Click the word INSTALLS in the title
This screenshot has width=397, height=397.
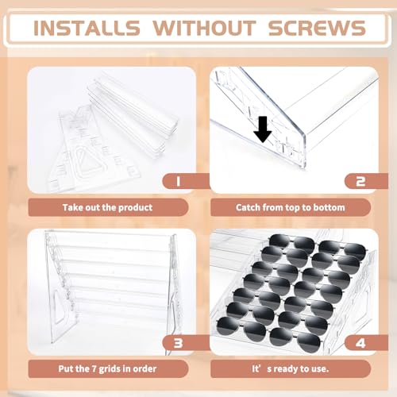[x=87, y=28]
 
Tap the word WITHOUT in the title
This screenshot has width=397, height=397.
[x=204, y=28]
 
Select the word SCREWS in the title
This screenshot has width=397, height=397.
[x=317, y=28]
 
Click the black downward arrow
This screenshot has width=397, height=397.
[x=263, y=129]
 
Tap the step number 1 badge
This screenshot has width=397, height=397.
[x=178, y=181]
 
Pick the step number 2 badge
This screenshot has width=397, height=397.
[x=360, y=181]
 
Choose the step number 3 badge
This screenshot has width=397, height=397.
[x=178, y=343]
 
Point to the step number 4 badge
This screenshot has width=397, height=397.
[x=360, y=343]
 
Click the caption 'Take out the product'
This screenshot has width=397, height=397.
[x=107, y=207]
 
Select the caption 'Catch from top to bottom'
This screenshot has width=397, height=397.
[x=291, y=207]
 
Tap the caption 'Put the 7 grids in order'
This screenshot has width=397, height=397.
[x=107, y=368]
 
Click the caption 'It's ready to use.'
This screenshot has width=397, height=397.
[x=291, y=368]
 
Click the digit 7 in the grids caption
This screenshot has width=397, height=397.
[x=94, y=368]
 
